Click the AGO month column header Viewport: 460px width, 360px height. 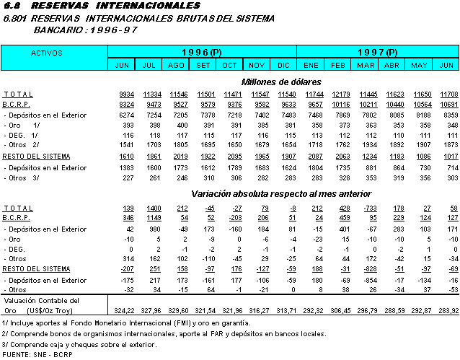click(x=176, y=65)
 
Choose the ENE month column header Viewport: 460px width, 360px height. click(x=310, y=65)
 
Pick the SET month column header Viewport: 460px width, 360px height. click(x=203, y=65)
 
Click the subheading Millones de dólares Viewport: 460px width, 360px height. click(x=281, y=82)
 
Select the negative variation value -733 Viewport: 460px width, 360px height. click(x=366, y=207)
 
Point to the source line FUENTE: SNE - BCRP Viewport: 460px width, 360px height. click(x=35, y=354)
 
